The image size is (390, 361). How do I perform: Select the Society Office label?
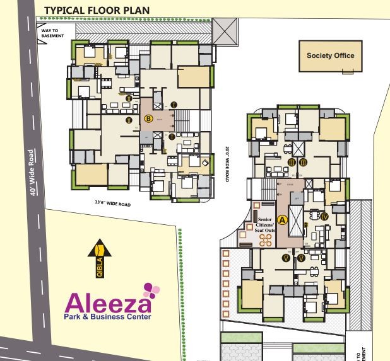pos(330,55)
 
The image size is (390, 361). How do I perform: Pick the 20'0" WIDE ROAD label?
pos(226,165)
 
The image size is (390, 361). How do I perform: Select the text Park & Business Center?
pos(107,317)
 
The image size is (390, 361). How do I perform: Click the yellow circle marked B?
pos(148,118)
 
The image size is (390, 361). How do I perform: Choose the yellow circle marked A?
pos(283,220)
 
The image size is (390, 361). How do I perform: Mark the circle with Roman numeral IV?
pos(324,216)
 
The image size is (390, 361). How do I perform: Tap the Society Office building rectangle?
pos(331,57)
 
